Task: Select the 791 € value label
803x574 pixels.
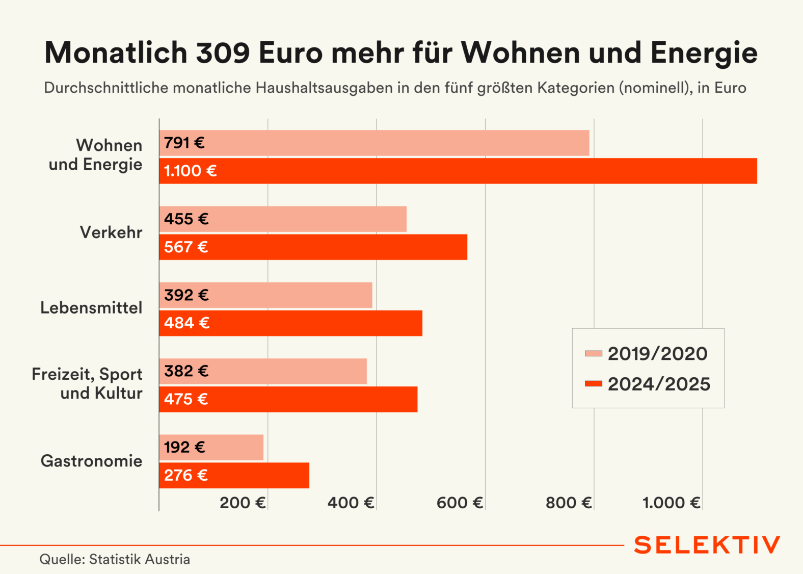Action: [x=184, y=143]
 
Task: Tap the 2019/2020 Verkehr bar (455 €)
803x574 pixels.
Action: [x=283, y=219]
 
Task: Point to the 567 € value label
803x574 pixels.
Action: [x=186, y=247]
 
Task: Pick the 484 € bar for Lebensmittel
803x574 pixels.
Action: [x=290, y=323]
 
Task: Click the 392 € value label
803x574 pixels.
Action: [x=186, y=295]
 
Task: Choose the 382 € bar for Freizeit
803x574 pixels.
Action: [x=263, y=371]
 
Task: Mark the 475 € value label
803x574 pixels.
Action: [x=186, y=399]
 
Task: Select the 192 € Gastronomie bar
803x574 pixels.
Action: [x=211, y=448]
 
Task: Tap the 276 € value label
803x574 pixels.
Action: [x=186, y=476]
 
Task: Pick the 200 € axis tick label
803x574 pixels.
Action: [x=243, y=503]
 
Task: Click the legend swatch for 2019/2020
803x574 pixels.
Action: [x=594, y=353]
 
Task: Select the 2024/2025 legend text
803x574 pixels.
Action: [x=659, y=384]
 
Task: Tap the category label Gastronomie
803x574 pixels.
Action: [x=92, y=461]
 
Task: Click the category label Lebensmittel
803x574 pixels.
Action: [x=92, y=308]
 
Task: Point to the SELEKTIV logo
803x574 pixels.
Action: [x=707, y=545]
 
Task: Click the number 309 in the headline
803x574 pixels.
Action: [x=223, y=53]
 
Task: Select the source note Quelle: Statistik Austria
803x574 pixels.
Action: [x=115, y=559]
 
